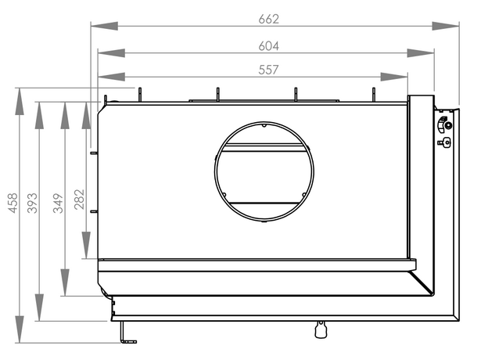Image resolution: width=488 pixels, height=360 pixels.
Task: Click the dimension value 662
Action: click(x=268, y=20)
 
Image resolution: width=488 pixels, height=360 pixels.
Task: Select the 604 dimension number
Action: click(x=268, y=46)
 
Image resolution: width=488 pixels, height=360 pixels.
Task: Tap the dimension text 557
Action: click(x=268, y=70)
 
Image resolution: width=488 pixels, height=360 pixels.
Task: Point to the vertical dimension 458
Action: click(x=13, y=203)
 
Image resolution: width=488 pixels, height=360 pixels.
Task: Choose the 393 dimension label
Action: click(x=32, y=203)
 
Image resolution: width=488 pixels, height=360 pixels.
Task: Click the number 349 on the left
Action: click(x=58, y=203)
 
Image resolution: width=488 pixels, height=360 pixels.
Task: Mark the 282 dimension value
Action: click(x=79, y=200)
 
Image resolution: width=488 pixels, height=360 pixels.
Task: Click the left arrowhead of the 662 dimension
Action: click(x=104, y=26)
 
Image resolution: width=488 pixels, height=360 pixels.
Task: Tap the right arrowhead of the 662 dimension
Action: click(x=446, y=26)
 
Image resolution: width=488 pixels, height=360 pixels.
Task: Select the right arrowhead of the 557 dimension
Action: click(x=394, y=77)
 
